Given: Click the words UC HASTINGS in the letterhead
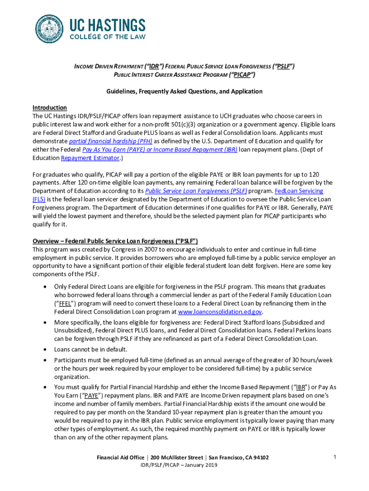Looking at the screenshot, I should (108, 25).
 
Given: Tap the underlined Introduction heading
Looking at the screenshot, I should (49, 107).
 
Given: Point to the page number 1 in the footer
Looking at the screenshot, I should (334, 457).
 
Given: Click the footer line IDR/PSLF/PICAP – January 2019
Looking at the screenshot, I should (178, 465).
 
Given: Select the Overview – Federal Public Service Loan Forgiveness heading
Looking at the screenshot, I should (115, 241).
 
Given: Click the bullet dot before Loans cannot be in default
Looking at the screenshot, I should (44, 350).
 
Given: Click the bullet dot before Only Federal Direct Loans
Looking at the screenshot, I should (44, 286).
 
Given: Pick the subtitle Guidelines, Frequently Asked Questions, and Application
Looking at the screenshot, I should (184, 91).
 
